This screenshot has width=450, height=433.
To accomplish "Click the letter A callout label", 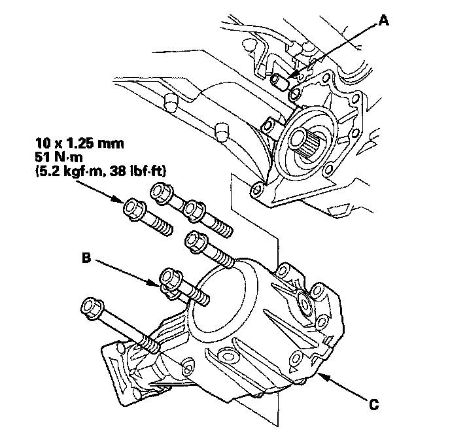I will [384, 22].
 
